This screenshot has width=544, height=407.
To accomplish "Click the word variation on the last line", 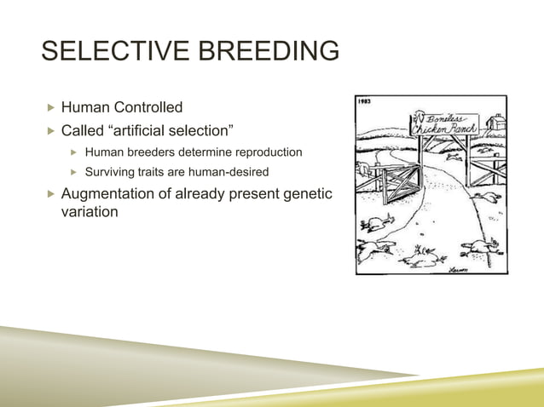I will pos(90,212).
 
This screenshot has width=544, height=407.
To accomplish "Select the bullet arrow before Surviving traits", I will pos(73,173).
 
